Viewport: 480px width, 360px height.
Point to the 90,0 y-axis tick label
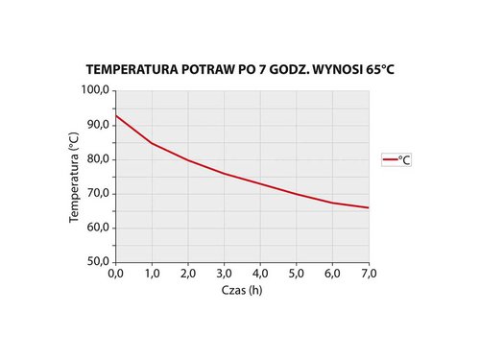click(x=98, y=125)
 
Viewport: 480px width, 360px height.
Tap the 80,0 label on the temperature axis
click(x=98, y=159)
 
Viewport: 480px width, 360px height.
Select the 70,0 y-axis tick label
click(x=98, y=194)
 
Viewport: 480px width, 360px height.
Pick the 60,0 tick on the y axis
click(x=98, y=228)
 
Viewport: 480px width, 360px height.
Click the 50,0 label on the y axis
click(x=98, y=262)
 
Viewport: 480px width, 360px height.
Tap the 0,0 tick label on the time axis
click(x=115, y=274)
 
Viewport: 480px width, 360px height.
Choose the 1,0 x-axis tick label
click(x=152, y=274)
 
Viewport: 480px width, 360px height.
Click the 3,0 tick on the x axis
click(x=224, y=274)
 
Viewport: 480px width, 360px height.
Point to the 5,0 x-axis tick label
click(x=297, y=274)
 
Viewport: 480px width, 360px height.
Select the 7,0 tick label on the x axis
click(x=369, y=274)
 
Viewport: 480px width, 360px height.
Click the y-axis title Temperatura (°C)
click(x=74, y=177)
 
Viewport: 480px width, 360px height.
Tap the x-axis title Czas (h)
click(x=242, y=291)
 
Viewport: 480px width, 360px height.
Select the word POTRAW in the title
click(x=205, y=71)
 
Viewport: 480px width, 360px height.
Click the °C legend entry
click(x=396, y=160)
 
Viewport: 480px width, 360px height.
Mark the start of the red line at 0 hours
click(x=115, y=115)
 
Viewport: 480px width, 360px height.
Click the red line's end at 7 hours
click(x=369, y=207)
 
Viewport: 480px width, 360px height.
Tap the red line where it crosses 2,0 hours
click(x=188, y=160)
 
